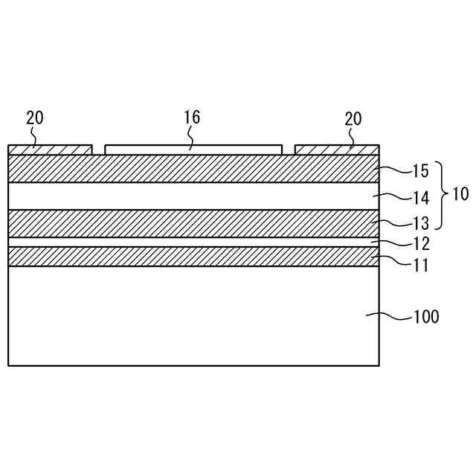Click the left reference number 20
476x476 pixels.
pyautogui.click(x=35, y=118)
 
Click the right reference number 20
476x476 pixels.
pyautogui.click(x=353, y=118)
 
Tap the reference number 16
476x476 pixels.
pyautogui.click(x=192, y=117)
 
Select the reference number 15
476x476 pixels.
pyautogui.click(x=419, y=171)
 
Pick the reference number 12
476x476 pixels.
pyautogui.click(x=419, y=242)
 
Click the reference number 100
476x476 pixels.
pyautogui.click(x=425, y=317)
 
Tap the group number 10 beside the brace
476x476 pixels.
pyautogui.click(x=460, y=196)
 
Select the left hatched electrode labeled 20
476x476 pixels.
pyautogui.click(x=50, y=149)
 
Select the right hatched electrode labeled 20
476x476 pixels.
pyautogui.click(x=337, y=149)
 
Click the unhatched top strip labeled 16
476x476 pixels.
pyautogui.click(x=193, y=149)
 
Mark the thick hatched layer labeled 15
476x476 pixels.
pyautogui.click(x=193, y=168)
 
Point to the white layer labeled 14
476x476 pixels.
pyautogui.click(x=193, y=196)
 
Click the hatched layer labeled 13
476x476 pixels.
pyautogui.click(x=193, y=223)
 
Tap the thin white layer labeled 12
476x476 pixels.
pyautogui.click(x=193, y=242)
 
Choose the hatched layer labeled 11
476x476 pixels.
pyautogui.click(x=193, y=257)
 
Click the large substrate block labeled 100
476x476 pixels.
pyautogui.click(x=193, y=315)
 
